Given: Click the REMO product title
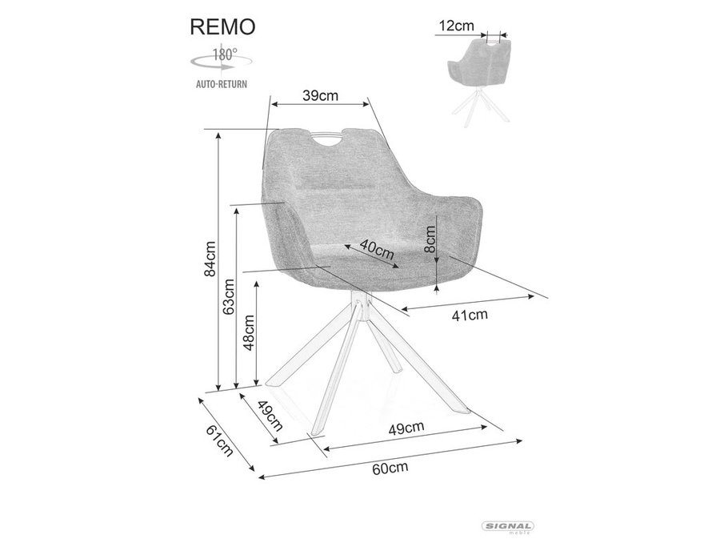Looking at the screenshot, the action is point(222,27).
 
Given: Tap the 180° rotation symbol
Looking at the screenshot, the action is point(222,60).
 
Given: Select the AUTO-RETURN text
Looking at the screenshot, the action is point(222,84).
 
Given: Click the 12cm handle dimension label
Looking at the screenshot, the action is point(456,26).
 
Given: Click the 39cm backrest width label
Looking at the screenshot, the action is point(320,95).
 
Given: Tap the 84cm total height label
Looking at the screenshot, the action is point(210,259).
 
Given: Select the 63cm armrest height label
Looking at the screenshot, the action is point(228,296).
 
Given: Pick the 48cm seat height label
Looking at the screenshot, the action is point(249,332).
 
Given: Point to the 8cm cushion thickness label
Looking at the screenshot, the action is point(430,239).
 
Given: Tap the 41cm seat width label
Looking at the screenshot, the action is point(470,316).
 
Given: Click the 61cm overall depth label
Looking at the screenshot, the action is point(219,440).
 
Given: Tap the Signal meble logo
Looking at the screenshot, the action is point(507,528).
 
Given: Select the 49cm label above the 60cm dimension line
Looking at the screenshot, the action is point(406,428).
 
